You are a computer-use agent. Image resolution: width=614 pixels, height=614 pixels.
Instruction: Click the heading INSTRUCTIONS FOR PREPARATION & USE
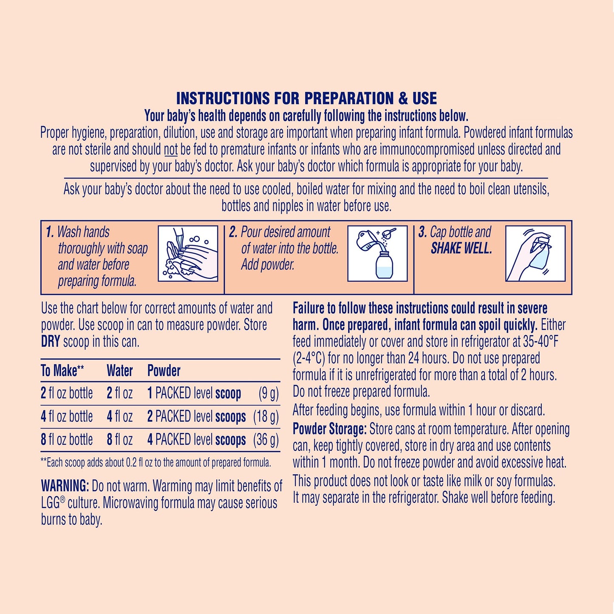[x=306, y=98]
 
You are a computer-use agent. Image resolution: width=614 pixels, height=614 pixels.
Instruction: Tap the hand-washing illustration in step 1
[x=188, y=254]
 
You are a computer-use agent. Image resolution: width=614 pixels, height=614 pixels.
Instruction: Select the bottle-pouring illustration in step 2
[x=377, y=254]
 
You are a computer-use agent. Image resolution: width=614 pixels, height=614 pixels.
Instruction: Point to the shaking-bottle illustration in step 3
[x=535, y=254]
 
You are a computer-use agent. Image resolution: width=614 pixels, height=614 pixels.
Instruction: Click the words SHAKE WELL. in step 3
[x=461, y=248]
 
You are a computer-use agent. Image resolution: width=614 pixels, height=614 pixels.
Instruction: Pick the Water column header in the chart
[x=120, y=371]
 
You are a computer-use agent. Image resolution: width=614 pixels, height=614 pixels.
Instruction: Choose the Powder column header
[x=164, y=371]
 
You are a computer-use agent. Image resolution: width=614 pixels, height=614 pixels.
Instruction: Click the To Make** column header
[x=62, y=371]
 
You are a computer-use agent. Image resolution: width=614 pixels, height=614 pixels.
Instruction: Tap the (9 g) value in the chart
[x=269, y=393]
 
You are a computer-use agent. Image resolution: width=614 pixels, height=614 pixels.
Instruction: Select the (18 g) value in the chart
[x=266, y=416]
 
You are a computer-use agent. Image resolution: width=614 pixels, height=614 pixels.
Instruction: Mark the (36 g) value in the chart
[x=266, y=439]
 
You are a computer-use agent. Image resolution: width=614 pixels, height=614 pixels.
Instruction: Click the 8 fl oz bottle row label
[x=67, y=439]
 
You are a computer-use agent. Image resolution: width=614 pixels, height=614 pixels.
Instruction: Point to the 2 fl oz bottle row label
[x=67, y=393]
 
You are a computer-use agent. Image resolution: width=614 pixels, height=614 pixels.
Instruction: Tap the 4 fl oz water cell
[x=120, y=416]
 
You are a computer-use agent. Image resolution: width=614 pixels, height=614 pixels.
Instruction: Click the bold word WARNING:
[x=65, y=486]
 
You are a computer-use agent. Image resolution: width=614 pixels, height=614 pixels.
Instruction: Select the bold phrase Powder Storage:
[x=329, y=429]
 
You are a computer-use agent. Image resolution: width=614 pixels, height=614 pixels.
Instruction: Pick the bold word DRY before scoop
[x=51, y=342]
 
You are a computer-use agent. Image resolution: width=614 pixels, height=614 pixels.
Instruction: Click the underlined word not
[x=171, y=150]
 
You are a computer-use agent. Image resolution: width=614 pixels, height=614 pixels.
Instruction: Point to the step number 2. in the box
[x=233, y=232]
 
